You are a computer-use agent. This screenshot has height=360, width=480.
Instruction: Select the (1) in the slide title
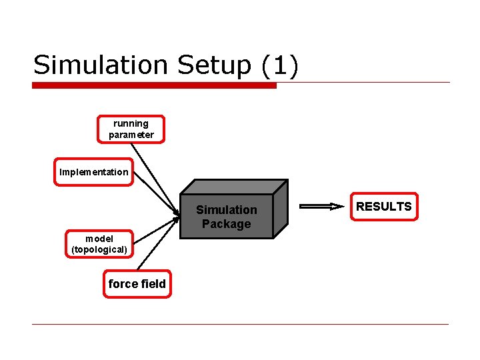tap(281, 65)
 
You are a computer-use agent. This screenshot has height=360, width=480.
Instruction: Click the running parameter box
tap(131, 129)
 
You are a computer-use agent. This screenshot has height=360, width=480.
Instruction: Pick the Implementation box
tap(93, 172)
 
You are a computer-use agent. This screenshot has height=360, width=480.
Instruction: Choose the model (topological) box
tap(99, 244)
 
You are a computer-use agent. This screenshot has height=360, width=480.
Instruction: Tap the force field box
tap(137, 284)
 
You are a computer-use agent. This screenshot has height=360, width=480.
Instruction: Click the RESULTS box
tap(383, 207)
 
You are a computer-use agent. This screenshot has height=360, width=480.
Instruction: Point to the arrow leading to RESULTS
tap(320, 207)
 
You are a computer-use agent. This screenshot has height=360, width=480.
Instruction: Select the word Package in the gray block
tap(227, 224)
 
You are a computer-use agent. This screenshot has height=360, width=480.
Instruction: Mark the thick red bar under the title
tap(154, 85)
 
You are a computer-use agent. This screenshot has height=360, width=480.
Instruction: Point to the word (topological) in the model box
tap(99, 250)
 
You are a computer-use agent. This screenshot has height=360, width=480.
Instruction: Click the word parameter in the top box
tap(131, 135)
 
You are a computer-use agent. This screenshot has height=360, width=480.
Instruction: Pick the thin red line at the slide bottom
tap(240, 324)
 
